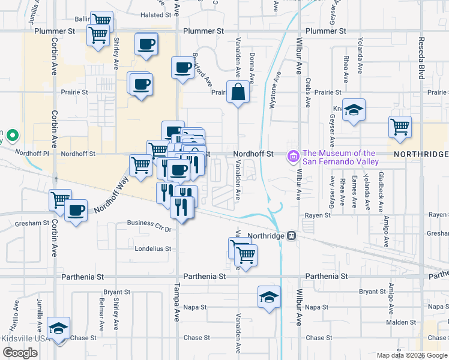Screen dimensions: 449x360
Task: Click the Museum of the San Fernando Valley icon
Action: [x=294, y=157]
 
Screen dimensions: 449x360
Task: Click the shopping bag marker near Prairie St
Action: [x=238, y=92]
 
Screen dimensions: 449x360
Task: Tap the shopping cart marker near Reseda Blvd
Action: [x=400, y=127]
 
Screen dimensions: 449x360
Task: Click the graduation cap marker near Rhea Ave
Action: [x=354, y=110]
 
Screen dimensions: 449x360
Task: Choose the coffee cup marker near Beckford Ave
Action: [x=182, y=68]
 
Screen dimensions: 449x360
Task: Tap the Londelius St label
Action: [x=154, y=248]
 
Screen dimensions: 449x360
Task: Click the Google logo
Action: [x=20, y=353]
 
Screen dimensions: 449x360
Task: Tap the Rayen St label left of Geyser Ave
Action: [x=318, y=215]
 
